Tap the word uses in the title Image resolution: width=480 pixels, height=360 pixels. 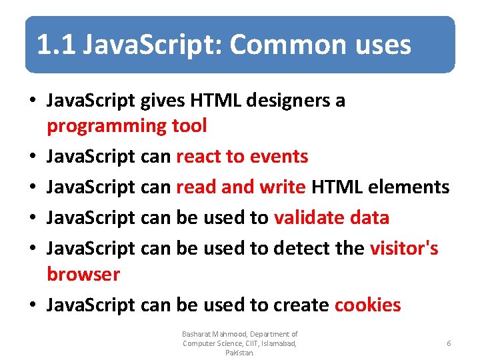pos(381,45)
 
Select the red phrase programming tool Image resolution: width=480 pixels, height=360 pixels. pos(127,125)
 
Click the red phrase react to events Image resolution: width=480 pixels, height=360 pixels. pos(241,157)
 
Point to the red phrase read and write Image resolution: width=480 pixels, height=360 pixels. pos(240,187)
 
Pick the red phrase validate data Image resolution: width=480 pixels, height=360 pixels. pos(331,217)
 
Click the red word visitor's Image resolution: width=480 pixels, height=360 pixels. pos(403,248)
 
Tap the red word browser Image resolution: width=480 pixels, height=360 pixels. pos(83,274)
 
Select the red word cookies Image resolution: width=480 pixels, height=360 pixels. pos(367,305)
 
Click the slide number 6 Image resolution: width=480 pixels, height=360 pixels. pos(449,343)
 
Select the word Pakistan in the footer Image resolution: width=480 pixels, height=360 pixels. pos(239,353)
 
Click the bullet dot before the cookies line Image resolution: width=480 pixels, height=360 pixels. pos(32,305)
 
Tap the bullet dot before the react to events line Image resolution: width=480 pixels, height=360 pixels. pos(32,157)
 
